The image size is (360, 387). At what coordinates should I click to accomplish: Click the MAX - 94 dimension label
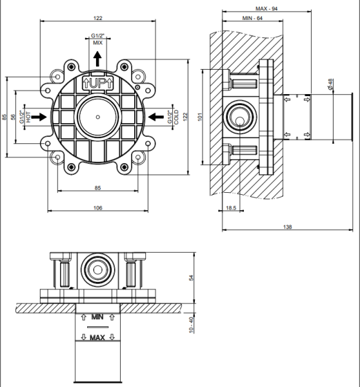pos(266,8)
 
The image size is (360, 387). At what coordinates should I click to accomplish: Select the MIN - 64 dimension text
pos(252,18)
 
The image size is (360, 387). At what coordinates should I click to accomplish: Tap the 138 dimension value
pos(287,226)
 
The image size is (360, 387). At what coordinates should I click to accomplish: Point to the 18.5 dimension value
pos(231,208)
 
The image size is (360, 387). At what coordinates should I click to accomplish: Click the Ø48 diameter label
pos(330,84)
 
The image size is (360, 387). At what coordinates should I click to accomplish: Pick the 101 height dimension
pos(200,117)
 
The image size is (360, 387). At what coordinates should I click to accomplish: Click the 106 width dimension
pos(98,208)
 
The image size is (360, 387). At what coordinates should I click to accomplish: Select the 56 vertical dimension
pos(13,117)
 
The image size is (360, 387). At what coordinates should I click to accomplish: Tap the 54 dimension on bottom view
pos(191,277)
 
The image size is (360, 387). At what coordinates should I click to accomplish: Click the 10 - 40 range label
pos(191,325)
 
